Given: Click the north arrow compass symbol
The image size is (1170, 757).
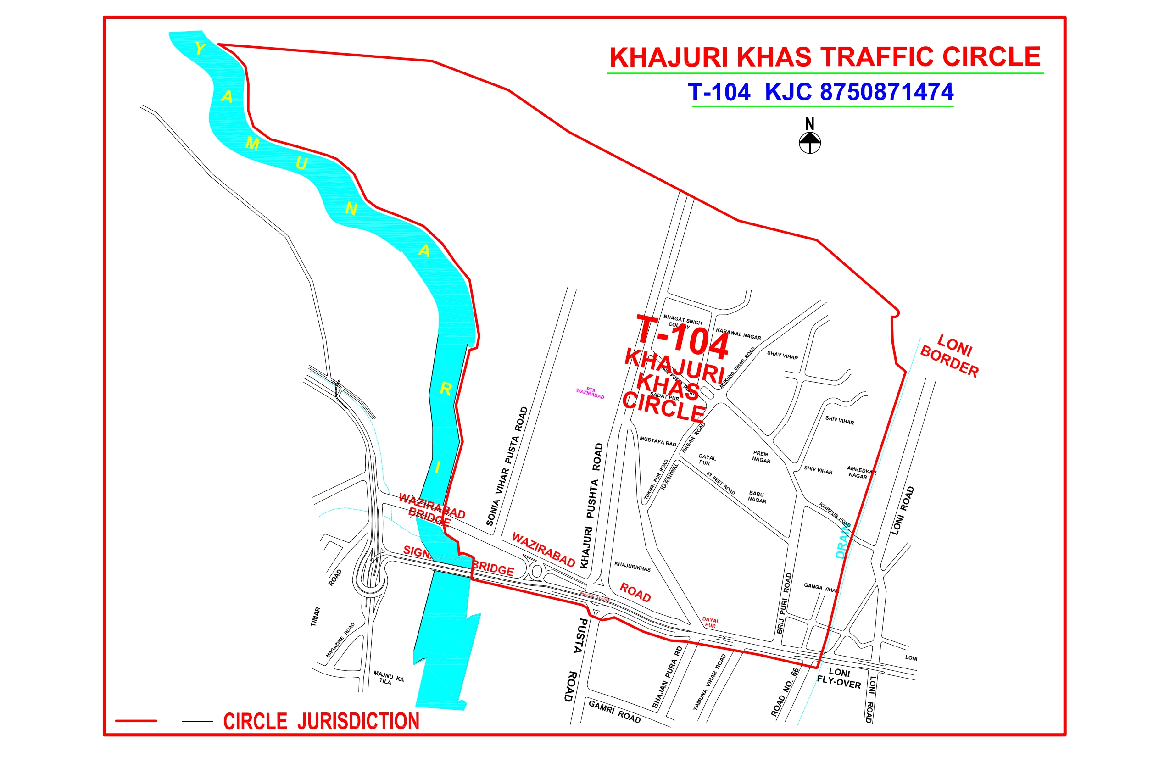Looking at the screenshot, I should (810, 142).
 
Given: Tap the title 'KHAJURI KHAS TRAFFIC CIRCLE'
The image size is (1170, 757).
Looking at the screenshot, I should (825, 57).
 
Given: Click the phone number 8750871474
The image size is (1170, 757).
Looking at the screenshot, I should (886, 92).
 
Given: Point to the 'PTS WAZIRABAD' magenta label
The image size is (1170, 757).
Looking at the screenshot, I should (590, 393).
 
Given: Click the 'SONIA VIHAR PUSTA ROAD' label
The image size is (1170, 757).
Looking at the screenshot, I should (507, 466).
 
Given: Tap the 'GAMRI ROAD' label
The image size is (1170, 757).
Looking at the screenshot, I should (614, 711).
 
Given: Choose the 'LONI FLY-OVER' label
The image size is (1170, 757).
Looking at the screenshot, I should (839, 678).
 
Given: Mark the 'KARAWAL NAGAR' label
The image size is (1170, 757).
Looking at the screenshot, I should (738, 334).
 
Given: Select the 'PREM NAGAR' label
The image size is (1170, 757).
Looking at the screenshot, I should (761, 456).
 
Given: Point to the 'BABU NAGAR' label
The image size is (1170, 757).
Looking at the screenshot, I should (757, 497).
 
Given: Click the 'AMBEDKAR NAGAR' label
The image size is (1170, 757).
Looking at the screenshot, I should (861, 473).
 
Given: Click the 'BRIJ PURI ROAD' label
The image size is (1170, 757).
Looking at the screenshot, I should (784, 603).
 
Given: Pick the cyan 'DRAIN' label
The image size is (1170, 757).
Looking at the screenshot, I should (842, 541).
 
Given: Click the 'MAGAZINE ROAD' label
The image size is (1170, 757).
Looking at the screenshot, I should (340, 640).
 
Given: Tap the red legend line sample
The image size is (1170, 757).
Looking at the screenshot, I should (136, 721).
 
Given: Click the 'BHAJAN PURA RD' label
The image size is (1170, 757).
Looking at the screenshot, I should (667, 677).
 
